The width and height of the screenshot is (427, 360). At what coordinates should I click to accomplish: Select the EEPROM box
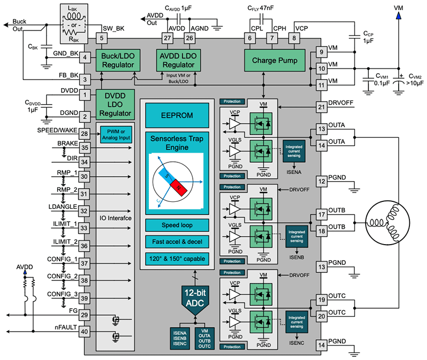pyautogui.click(x=177, y=115)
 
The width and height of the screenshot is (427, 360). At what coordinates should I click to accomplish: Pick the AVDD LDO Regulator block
pyautogui.click(x=179, y=60)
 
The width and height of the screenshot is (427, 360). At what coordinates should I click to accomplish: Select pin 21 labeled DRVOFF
pyautogui.click(x=321, y=106)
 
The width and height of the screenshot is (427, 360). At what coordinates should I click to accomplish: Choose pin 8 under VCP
pyautogui.click(x=294, y=38)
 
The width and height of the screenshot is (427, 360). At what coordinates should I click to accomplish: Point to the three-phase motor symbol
pyautogui.click(x=386, y=222)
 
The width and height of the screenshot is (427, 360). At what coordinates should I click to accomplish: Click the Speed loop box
pyautogui.click(x=177, y=224)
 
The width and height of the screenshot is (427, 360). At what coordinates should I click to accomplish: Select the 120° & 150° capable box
pyautogui.click(x=177, y=259)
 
